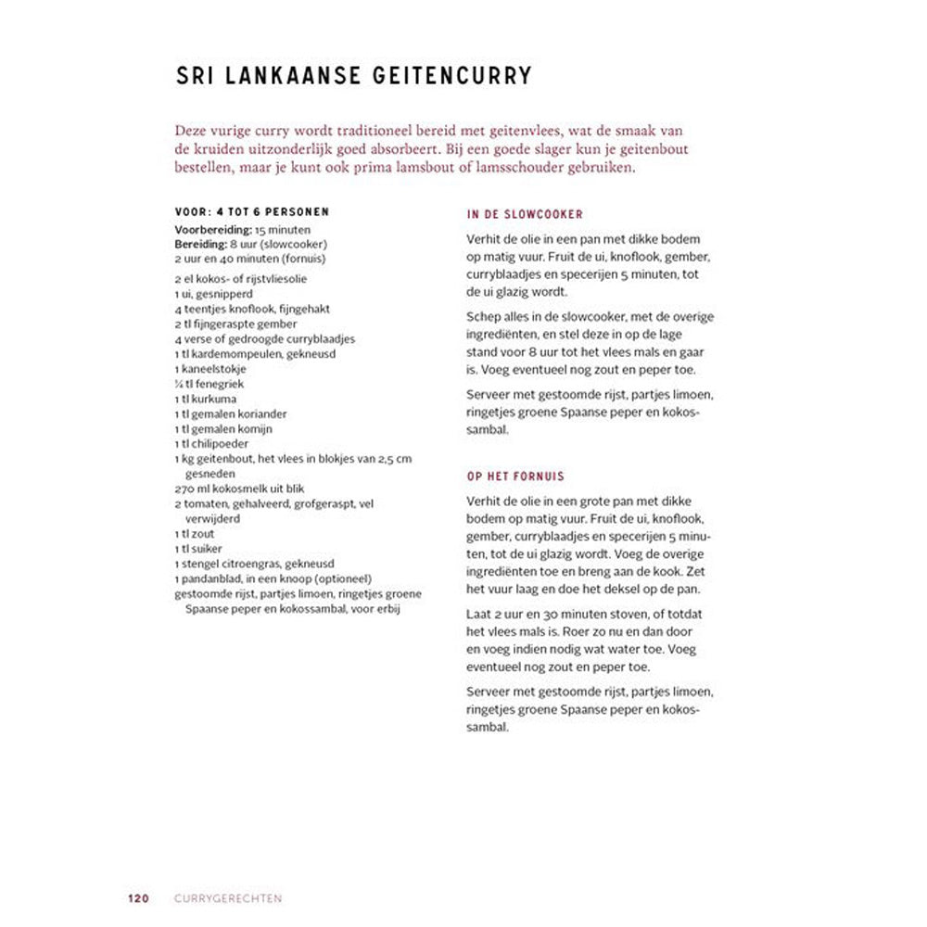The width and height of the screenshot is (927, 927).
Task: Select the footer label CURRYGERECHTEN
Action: [x=228, y=898]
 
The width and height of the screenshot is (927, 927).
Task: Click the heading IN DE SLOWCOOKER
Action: [x=525, y=214]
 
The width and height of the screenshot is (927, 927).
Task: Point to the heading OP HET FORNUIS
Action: [x=515, y=476]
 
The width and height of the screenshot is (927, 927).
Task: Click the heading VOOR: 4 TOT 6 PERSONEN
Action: [x=251, y=212]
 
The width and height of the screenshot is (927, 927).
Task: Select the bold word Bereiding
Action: [x=199, y=244]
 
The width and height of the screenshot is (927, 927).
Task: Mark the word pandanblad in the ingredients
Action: [x=209, y=578]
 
